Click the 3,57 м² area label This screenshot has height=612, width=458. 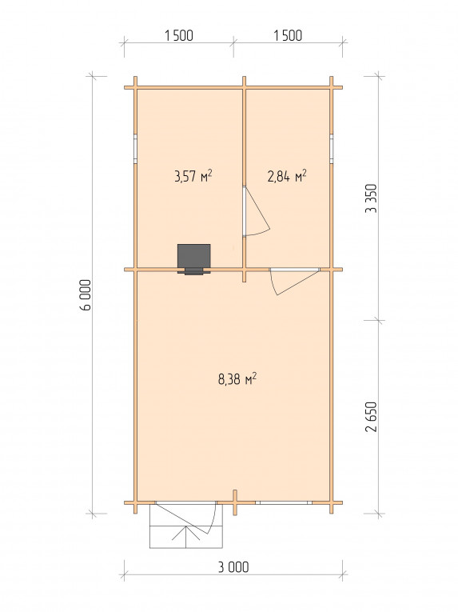pos(193,177)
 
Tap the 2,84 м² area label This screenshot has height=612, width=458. pos(287,177)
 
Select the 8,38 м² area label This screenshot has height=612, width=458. pos(237,379)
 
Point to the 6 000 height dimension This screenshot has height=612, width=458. pos(86,294)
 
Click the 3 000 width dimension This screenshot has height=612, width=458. pos(233,567)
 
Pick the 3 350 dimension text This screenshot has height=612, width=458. pos(371,198)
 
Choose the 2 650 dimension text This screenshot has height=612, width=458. pos(371,417)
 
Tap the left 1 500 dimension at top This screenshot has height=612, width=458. pos(179,35)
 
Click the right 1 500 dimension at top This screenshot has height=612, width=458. pos(288,35)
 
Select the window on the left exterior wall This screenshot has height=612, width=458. pos(135,149)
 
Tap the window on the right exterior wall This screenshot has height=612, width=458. pos(331,149)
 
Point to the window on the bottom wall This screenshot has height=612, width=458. pos(284,502)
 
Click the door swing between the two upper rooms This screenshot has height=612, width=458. pos(257,212)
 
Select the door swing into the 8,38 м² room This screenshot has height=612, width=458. pos(294,282)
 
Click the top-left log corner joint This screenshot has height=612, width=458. pos(135,87)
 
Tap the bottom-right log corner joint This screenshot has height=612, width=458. pos(331,502)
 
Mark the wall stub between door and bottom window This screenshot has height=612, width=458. pos(235,502)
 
